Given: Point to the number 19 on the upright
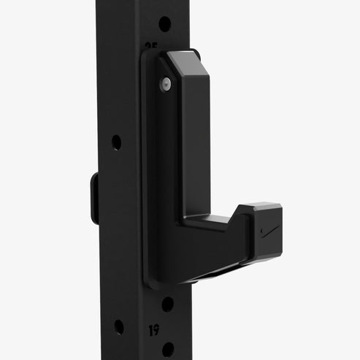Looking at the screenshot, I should (x=154, y=330).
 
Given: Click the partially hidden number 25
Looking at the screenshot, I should (x=151, y=45).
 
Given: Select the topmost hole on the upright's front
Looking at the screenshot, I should (x=164, y=23).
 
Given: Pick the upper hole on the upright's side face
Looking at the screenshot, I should (x=116, y=142).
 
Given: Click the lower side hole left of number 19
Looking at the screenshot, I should (x=118, y=326).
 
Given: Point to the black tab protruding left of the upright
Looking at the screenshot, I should (x=94, y=197).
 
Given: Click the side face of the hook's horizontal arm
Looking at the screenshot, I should (x=219, y=248).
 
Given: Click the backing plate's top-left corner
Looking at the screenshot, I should (x=146, y=55).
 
